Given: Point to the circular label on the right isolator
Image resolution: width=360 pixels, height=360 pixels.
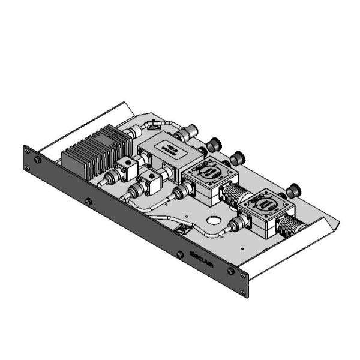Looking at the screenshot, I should click(x=266, y=204).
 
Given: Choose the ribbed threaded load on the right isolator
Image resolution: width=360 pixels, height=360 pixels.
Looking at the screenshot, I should click(x=289, y=227).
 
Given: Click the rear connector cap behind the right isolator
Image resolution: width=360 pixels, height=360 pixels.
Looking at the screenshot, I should click(x=293, y=191).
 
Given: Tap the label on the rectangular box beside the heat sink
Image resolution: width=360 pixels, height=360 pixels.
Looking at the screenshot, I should click(x=170, y=148).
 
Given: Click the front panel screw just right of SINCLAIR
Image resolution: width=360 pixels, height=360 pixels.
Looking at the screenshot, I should click(x=230, y=271).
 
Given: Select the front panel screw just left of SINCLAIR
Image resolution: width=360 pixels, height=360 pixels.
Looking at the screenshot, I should click(x=179, y=254).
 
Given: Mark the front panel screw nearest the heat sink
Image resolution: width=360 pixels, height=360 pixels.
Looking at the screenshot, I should click(x=88, y=201).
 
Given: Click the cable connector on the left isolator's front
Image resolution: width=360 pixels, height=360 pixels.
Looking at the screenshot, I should click(x=181, y=192).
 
